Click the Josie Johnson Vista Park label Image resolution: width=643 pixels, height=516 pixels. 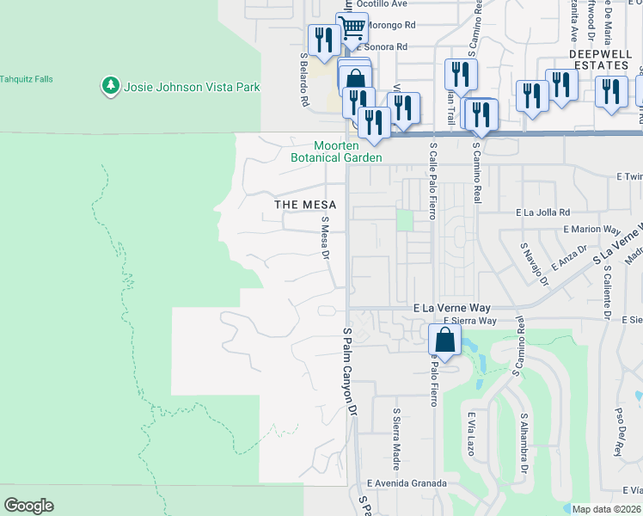coord(192,86)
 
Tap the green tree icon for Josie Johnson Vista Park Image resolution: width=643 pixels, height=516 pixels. coord(110,86)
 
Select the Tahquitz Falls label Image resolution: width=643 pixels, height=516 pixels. coord(26,79)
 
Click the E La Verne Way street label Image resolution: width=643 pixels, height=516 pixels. coord(451,307)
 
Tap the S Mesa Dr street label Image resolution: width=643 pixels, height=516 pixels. coord(326,236)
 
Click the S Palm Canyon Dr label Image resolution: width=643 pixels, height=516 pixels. coord(349,372)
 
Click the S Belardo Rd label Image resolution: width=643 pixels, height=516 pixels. coord(304,80)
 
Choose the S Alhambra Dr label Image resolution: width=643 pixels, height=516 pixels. coord(523,443)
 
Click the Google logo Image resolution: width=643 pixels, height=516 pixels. coord(28,506)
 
